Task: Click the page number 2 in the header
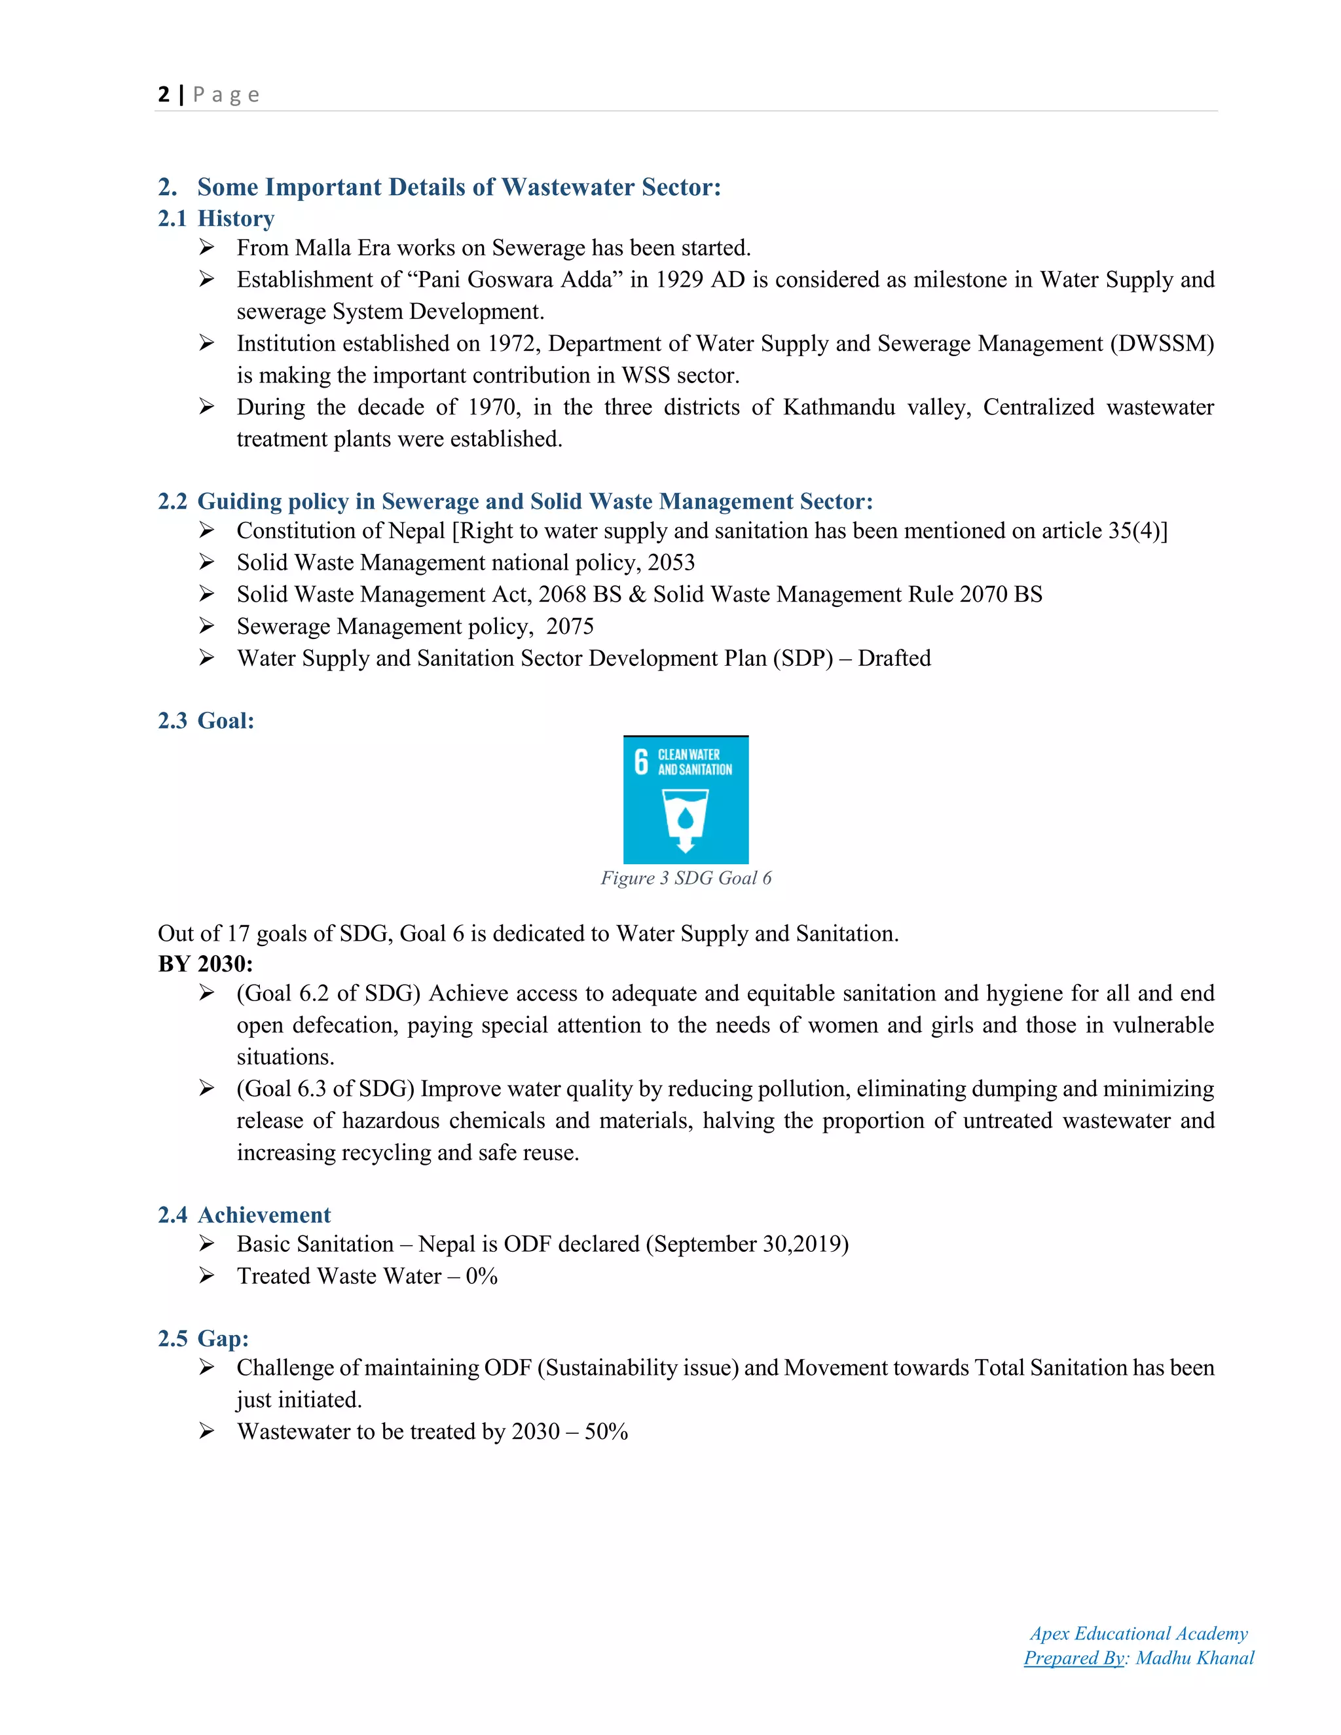click(164, 94)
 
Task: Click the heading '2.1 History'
click(216, 219)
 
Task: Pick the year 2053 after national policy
click(671, 562)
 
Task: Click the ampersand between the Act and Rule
click(637, 594)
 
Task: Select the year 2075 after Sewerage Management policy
click(570, 626)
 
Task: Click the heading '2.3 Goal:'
click(206, 721)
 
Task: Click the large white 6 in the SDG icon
click(641, 761)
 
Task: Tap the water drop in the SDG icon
click(685, 818)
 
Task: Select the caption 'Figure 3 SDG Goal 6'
click(686, 878)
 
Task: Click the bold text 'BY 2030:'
click(205, 964)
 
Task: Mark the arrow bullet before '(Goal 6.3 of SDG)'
click(206, 1088)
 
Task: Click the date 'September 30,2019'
click(746, 1244)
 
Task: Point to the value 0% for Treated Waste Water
click(481, 1276)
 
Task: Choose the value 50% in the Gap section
click(606, 1431)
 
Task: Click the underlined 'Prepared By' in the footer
click(1073, 1658)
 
